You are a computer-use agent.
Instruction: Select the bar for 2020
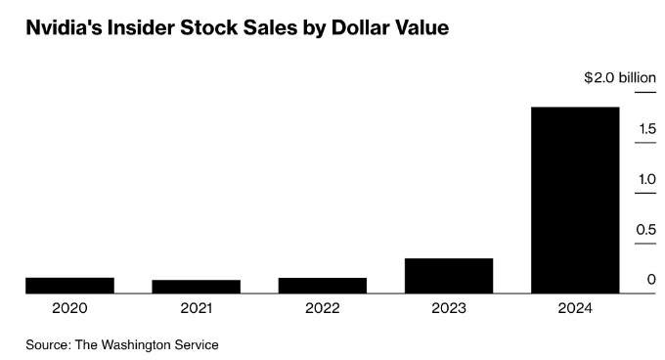[x=70, y=286]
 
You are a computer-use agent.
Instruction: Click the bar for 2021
[x=197, y=287]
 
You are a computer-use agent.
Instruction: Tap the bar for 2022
[x=323, y=286]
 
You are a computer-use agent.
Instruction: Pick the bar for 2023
[x=449, y=276]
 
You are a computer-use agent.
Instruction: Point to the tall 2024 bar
[x=575, y=201]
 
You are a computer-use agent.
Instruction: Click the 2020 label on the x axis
[x=70, y=308]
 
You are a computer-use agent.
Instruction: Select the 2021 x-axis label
[x=196, y=308]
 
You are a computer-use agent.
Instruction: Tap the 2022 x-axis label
[x=323, y=308]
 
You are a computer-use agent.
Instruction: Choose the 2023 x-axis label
[x=449, y=308]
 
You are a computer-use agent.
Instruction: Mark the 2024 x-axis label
[x=575, y=308]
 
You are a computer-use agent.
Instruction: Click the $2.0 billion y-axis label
[x=620, y=78]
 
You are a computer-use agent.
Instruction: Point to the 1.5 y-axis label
[x=647, y=128]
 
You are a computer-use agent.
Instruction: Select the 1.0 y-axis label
[x=647, y=179]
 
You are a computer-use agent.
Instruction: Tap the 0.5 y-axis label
[x=645, y=229]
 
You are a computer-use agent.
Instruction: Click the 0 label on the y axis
[x=652, y=280]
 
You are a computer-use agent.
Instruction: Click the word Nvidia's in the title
[x=64, y=28]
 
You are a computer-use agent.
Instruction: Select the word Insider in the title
[x=141, y=28]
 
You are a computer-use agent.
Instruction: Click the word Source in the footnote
[x=48, y=344]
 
